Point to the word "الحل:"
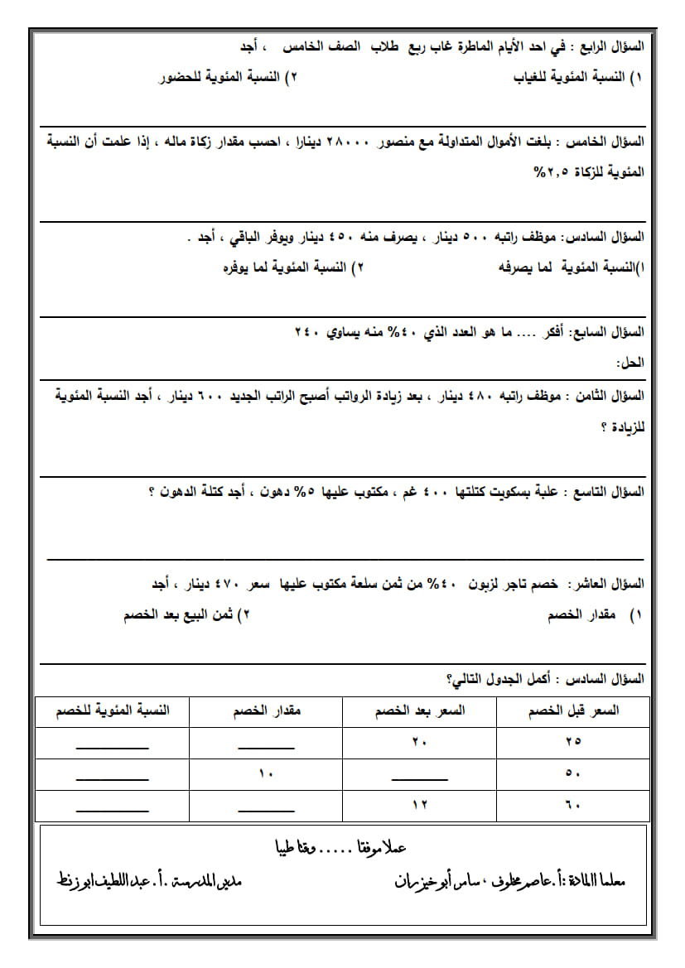coord(630,363)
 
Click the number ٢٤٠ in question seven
coord(306,332)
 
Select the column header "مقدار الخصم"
coord(266,711)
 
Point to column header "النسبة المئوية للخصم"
coord(113,711)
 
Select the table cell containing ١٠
coord(266,773)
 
